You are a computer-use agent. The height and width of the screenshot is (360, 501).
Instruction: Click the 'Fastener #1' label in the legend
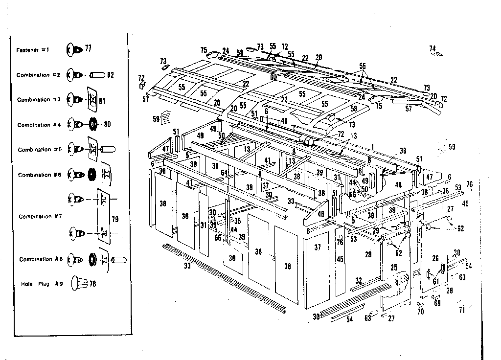tap(33, 50)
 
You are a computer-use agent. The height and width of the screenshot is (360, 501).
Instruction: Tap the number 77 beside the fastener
tap(88, 48)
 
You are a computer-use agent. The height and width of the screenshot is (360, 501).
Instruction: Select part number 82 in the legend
tap(110, 75)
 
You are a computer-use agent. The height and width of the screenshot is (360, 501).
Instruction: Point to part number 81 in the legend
tap(102, 102)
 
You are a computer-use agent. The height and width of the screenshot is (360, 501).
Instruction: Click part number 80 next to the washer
tap(107, 124)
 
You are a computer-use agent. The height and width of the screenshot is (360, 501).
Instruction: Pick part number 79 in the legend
tap(115, 220)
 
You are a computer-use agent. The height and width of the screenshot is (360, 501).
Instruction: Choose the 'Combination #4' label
tap(41, 125)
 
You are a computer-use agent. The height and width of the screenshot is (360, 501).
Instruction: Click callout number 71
tap(461, 310)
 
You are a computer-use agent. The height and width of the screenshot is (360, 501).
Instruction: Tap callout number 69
tap(437, 304)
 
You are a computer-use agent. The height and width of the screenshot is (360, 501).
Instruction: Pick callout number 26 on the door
tap(435, 258)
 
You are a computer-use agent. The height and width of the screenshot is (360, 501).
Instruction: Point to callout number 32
tap(359, 281)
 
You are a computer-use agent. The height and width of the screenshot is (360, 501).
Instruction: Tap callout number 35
tap(237, 221)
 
